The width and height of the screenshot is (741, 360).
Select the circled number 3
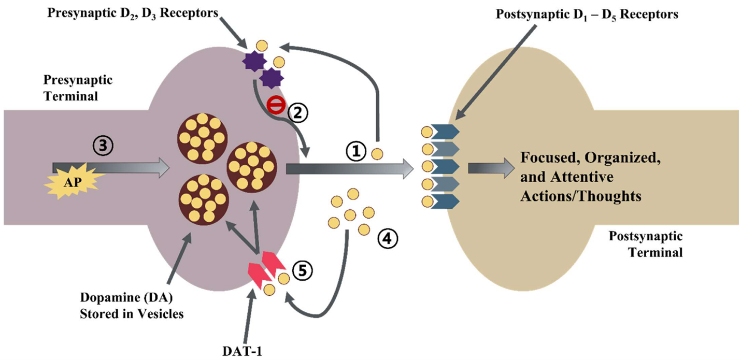pos(103,147)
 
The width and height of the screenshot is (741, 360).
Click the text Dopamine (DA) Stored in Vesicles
pos(132,306)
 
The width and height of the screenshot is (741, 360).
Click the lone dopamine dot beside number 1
pos(378,154)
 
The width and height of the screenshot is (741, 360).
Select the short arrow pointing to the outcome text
pos(486,168)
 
